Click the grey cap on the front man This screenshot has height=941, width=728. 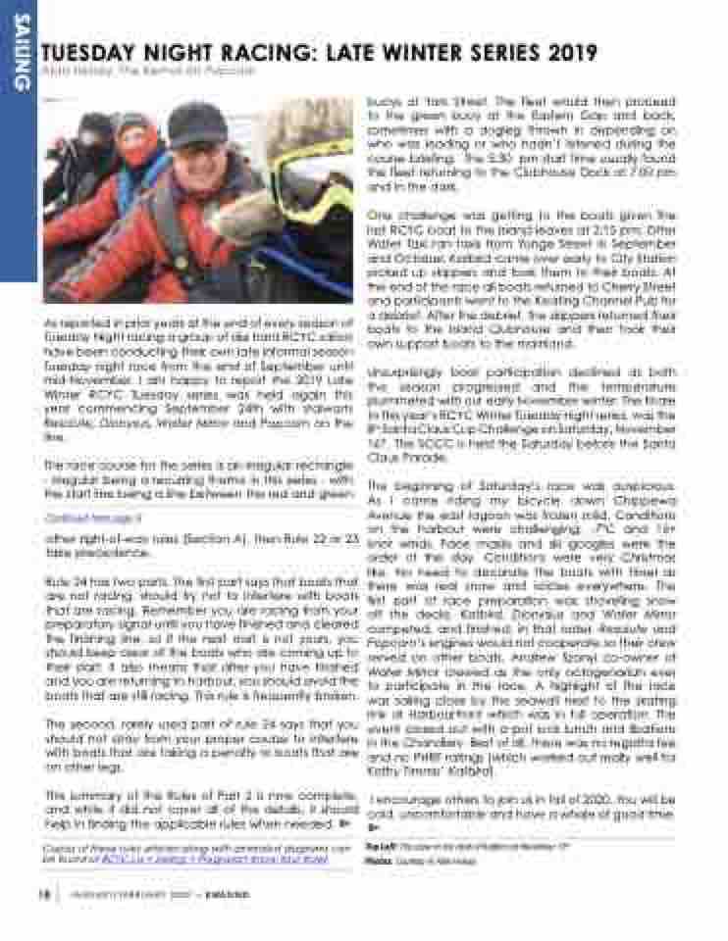[x=195, y=123]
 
